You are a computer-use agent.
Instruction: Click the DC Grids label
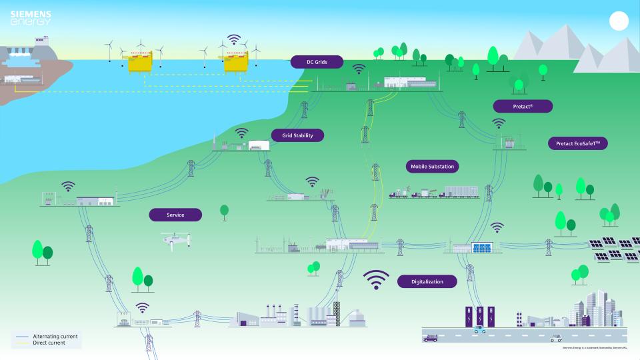tap(317, 62)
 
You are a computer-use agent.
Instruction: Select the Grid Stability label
tap(297, 135)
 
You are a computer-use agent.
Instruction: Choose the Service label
tap(175, 215)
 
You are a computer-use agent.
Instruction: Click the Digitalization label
tap(427, 281)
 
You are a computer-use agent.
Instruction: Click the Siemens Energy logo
tap(31, 18)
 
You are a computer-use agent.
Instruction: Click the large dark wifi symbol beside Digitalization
tap(377, 280)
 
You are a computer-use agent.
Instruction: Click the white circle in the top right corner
tap(619, 22)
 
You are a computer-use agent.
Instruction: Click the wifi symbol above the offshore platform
tap(233, 39)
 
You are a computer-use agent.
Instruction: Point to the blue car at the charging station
tap(480, 329)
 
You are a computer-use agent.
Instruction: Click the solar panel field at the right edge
tap(613, 249)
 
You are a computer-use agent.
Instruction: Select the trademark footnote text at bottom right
tap(595, 348)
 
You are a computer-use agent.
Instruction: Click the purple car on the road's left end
tap(431, 338)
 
